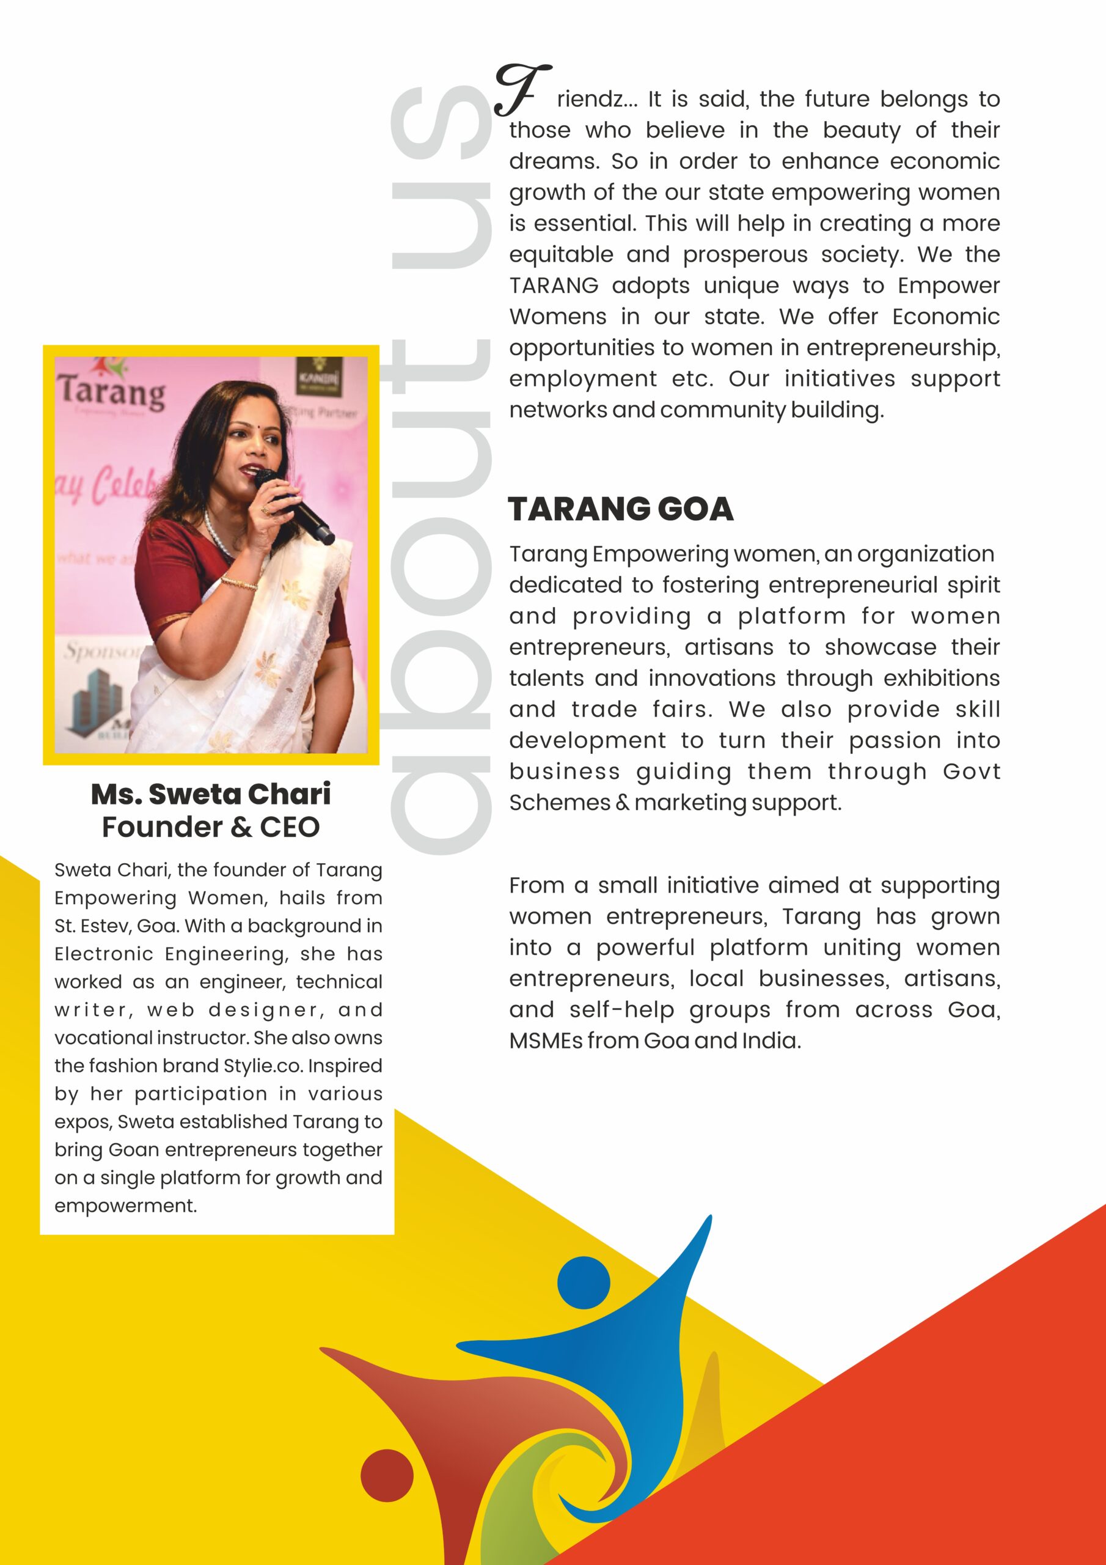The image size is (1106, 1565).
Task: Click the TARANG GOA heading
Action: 620,509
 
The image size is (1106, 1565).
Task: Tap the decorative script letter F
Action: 521,89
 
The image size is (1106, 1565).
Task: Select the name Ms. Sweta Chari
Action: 211,794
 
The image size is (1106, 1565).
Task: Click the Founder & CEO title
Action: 211,827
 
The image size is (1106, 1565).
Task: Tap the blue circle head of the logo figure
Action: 584,1282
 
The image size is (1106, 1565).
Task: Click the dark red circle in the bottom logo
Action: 386,1475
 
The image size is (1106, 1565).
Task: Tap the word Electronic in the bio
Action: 104,954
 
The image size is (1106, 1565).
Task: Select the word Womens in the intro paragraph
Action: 557,316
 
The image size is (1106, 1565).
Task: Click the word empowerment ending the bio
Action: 125,1205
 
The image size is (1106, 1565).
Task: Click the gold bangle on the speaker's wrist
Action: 239,583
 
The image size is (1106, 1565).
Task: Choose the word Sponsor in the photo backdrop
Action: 102,651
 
